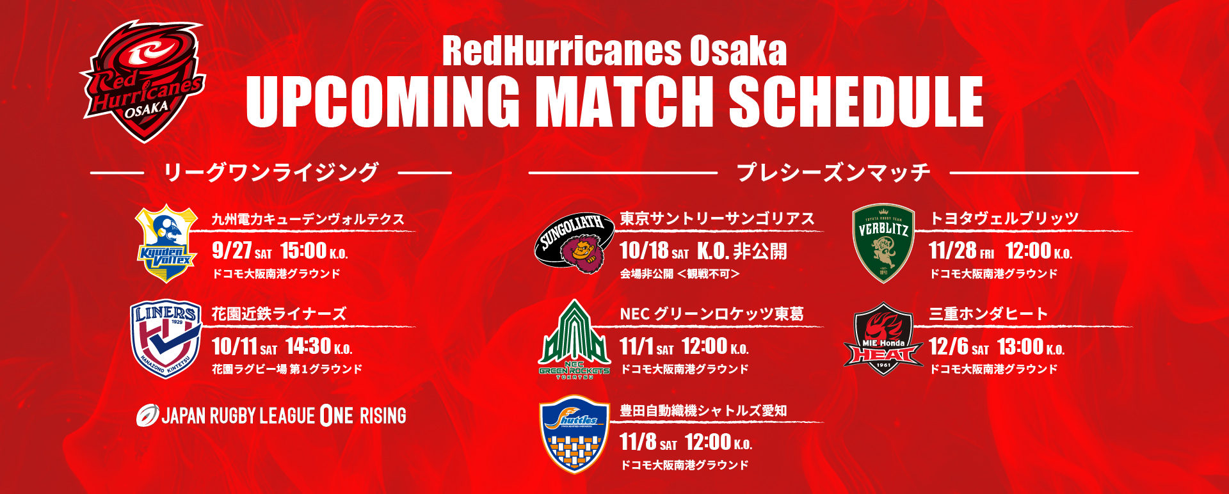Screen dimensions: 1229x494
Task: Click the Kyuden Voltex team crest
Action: (x=166, y=243)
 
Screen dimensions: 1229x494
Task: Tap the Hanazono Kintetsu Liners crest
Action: (x=166, y=339)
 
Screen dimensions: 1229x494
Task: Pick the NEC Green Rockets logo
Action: (x=574, y=339)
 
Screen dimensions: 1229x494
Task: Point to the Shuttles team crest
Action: (x=574, y=434)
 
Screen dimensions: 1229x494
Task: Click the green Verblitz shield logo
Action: (x=883, y=243)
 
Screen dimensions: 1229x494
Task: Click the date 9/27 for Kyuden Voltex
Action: (x=232, y=251)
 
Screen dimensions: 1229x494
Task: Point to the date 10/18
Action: (x=644, y=251)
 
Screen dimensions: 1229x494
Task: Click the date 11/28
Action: (x=952, y=251)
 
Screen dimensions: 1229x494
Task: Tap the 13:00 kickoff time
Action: (x=1020, y=346)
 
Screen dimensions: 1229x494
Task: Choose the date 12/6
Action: (x=949, y=346)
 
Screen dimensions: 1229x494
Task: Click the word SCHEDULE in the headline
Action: (x=856, y=102)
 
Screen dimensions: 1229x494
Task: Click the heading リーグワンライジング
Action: (x=271, y=172)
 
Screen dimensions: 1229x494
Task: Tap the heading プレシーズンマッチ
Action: (x=833, y=172)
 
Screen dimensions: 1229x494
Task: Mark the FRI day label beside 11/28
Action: (x=986, y=254)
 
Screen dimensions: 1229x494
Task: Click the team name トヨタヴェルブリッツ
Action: (x=1004, y=219)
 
